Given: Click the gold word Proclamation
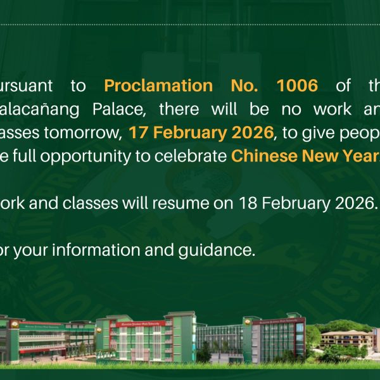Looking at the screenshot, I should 158,85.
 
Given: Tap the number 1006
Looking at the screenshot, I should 298,85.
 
